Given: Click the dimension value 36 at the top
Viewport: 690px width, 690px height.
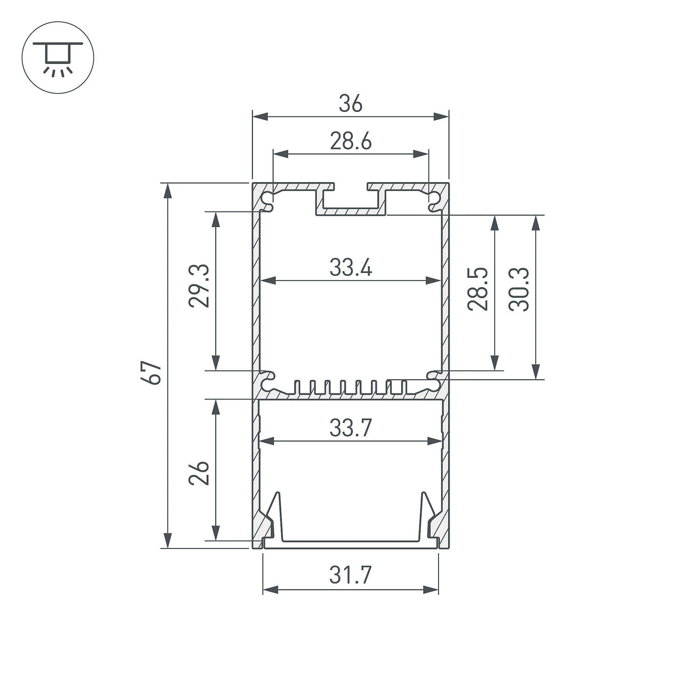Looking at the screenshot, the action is click(350, 104).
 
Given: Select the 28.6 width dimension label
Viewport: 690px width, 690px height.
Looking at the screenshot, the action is click(350, 141).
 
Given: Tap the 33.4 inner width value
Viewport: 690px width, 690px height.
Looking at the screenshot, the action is click(350, 268).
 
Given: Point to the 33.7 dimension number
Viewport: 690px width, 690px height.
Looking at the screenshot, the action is click(350, 428).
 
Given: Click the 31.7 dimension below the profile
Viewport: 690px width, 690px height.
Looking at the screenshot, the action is click(350, 575).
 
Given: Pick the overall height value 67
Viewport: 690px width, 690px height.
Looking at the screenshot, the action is click(153, 373).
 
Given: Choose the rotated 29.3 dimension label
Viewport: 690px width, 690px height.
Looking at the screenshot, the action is click(199, 286).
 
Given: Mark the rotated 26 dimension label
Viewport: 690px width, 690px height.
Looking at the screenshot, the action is click(199, 473).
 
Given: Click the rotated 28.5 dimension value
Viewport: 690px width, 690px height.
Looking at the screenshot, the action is click(478, 289).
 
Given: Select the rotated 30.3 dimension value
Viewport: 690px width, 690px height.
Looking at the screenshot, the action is click(519, 289).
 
